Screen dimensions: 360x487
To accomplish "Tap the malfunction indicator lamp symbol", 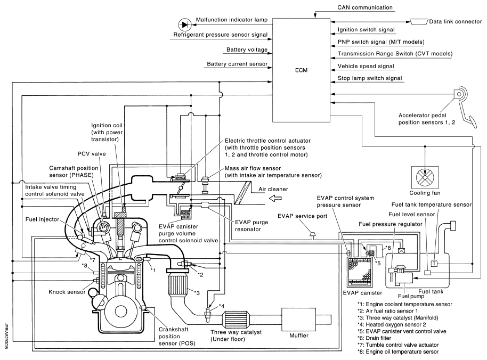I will [x=185, y=23].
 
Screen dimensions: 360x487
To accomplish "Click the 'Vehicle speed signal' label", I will [x=366, y=66].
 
